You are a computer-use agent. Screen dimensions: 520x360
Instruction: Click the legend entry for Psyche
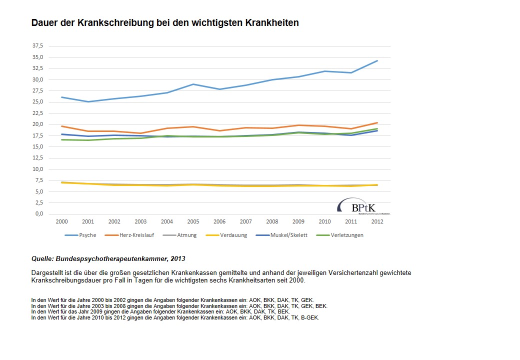coord(80,235)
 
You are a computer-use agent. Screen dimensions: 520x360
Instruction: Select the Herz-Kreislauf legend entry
coord(129,235)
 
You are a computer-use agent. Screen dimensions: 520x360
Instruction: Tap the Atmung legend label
coord(186,235)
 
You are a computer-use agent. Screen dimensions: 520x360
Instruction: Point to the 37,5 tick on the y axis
coord(38,45)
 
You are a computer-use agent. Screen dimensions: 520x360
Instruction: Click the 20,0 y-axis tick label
coord(38,124)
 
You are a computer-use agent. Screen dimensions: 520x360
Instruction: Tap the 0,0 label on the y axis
coord(39,214)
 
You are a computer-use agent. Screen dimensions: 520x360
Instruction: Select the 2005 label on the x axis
coord(193,221)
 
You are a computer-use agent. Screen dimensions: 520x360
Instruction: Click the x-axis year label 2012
coord(377,221)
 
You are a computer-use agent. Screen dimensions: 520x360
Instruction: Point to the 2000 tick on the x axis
coord(61,221)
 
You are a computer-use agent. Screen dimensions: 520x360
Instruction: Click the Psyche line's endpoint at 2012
coord(377,61)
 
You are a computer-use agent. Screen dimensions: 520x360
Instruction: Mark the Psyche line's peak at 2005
coord(193,84)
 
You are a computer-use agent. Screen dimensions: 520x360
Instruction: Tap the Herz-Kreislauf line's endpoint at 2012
coord(377,123)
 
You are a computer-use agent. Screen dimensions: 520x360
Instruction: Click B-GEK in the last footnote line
coord(309,317)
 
